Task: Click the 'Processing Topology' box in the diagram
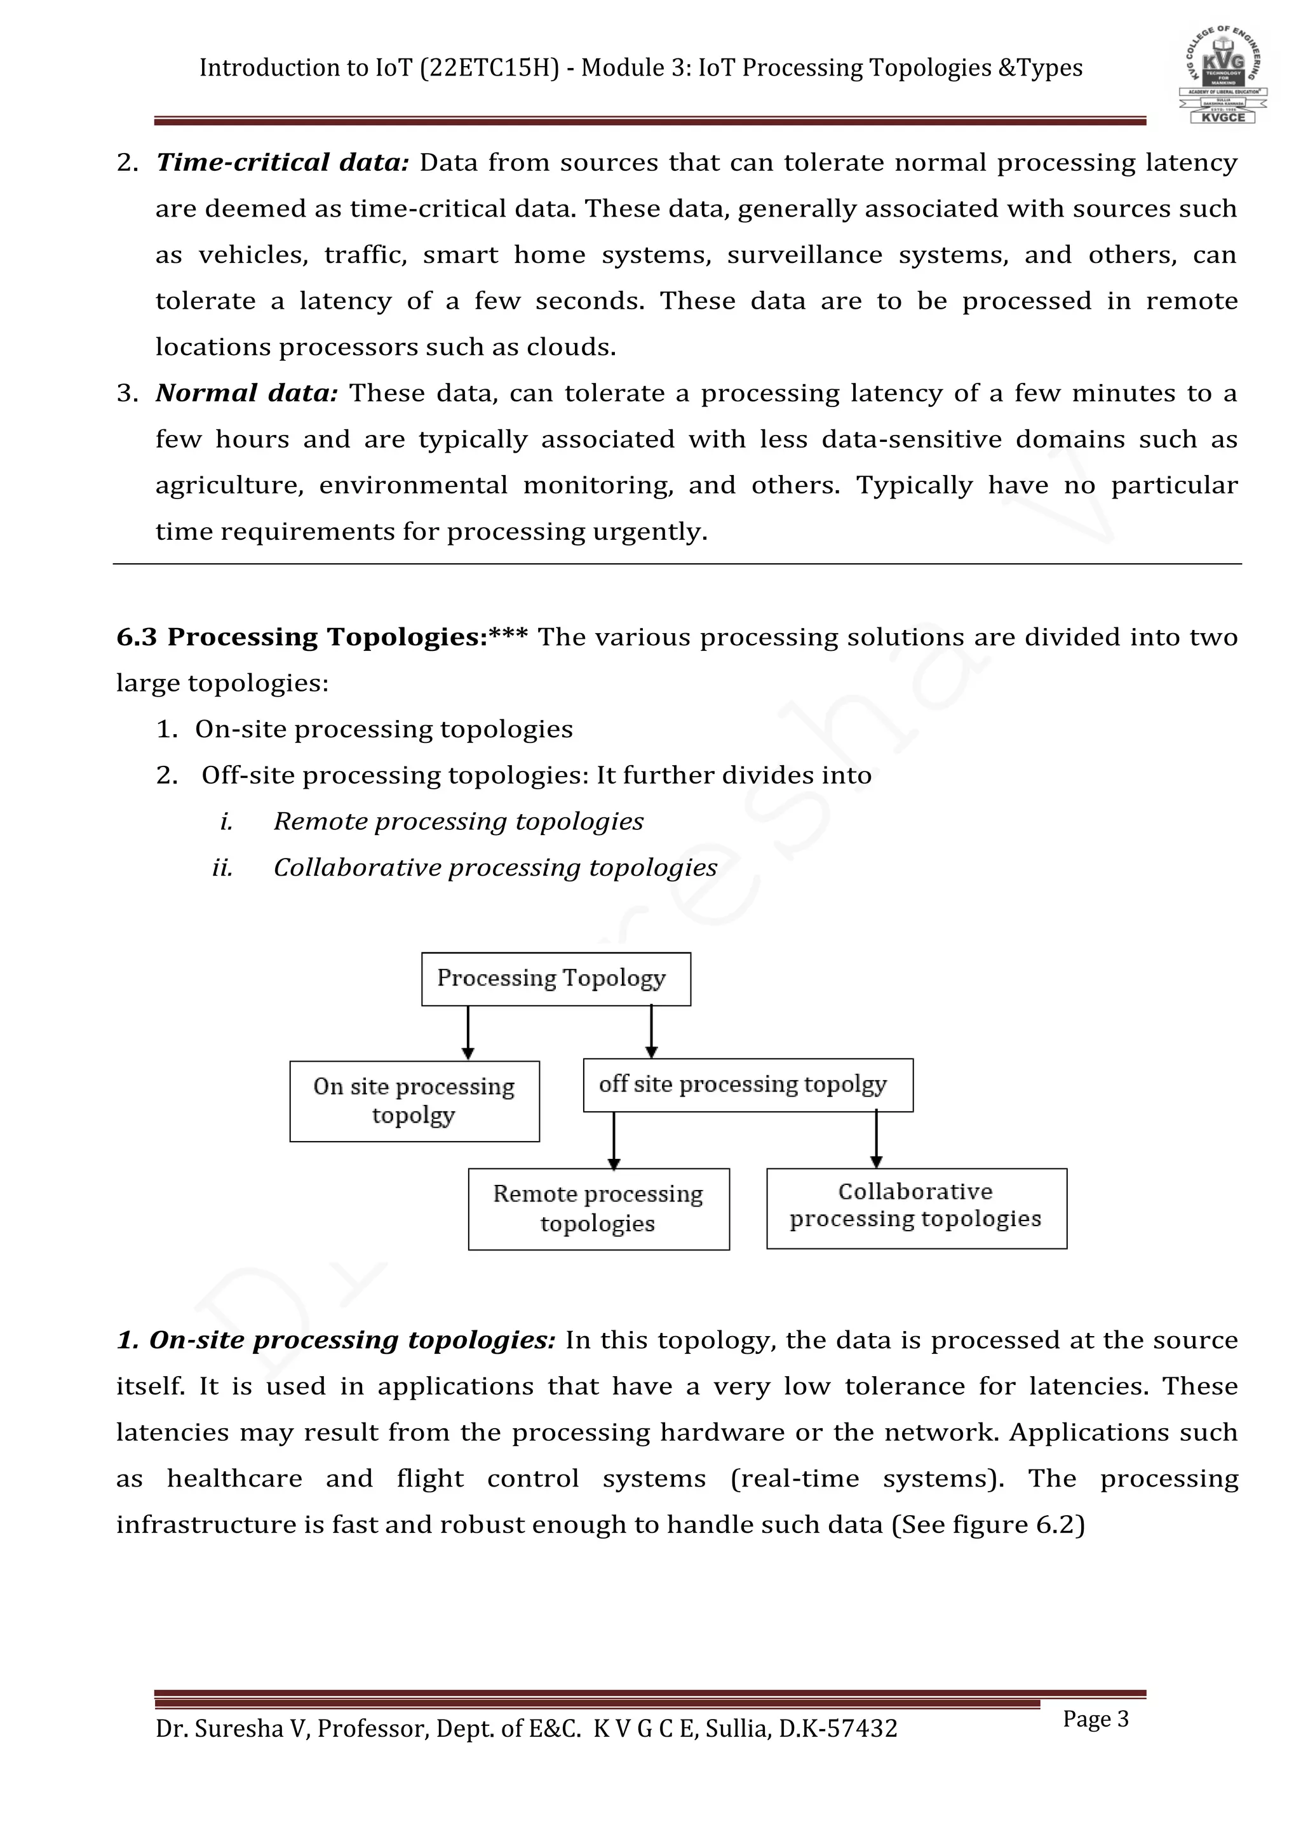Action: point(555,978)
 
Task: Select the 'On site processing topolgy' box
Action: point(414,1100)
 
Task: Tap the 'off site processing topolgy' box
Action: point(748,1085)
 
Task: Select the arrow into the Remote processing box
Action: point(614,1140)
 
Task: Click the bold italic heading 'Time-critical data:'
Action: point(282,163)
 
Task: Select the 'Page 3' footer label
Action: point(1095,1719)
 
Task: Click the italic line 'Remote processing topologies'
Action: point(458,822)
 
